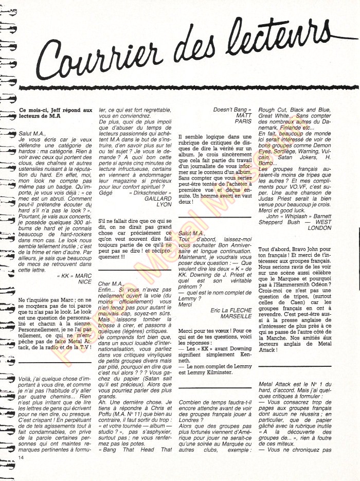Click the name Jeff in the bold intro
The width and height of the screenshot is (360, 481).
[50, 110]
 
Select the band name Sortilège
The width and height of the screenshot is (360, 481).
[292, 153]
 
